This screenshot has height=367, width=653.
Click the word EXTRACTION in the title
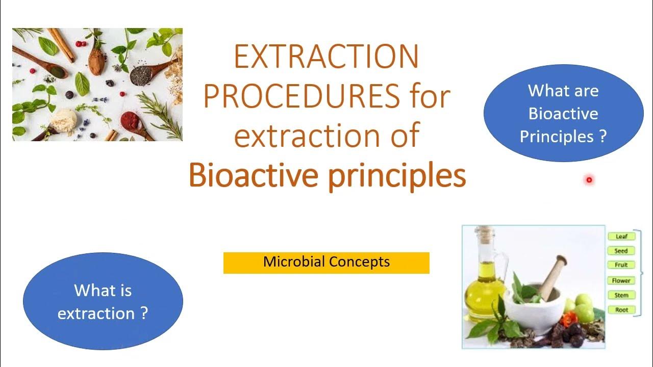(x=326, y=57)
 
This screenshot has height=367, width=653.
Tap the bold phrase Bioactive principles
(x=327, y=175)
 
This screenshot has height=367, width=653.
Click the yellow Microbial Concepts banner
(x=326, y=263)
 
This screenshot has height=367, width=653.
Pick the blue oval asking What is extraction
(x=103, y=301)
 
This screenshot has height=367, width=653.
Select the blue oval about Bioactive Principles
(x=563, y=113)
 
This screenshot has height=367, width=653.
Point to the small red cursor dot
(x=589, y=179)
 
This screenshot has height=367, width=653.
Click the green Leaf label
(x=621, y=237)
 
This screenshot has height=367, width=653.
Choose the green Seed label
(x=621, y=251)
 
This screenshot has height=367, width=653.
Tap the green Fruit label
(x=621, y=265)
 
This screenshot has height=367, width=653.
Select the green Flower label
(x=621, y=280)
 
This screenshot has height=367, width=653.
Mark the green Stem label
(x=621, y=295)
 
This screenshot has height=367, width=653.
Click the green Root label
(x=621, y=310)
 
